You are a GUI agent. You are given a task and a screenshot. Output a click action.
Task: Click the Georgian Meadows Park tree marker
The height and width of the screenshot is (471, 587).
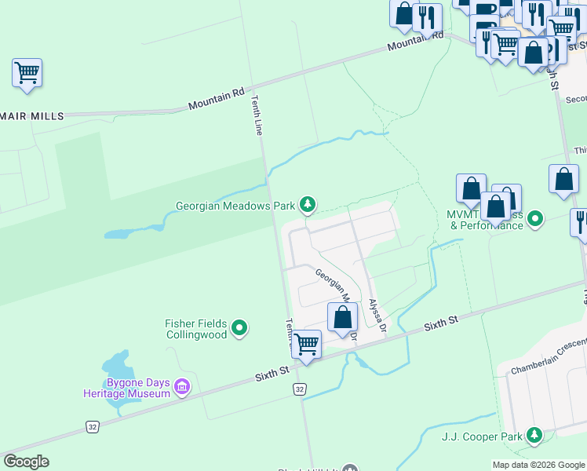coord(308,206)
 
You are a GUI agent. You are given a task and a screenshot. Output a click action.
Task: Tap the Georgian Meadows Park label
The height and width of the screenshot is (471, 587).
coord(235,206)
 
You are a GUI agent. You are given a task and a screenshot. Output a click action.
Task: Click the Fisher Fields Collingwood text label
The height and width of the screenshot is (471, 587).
coord(196,328)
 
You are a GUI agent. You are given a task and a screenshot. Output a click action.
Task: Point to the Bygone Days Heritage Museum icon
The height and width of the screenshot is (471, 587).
coord(182,386)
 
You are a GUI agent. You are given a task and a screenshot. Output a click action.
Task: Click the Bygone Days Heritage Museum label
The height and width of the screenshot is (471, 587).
coord(127,387)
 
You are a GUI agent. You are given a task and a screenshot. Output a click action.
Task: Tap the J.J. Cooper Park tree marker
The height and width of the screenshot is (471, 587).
coord(534,434)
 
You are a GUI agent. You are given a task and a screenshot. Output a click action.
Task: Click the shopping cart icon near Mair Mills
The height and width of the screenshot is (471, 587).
coord(27,74)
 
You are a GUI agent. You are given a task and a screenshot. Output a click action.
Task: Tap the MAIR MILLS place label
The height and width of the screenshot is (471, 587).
coord(32,115)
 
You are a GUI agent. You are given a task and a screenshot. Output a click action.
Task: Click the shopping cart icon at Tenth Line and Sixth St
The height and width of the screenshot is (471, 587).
coord(306,344)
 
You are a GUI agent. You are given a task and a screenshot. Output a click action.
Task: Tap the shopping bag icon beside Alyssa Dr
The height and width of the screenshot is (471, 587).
coord(342,318)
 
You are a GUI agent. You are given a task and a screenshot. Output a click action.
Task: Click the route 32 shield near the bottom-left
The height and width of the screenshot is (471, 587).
coord(93,426)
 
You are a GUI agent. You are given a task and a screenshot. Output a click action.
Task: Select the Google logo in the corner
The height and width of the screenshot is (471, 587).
coord(26,462)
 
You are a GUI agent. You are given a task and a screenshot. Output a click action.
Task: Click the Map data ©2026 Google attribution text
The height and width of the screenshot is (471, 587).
coord(538,465)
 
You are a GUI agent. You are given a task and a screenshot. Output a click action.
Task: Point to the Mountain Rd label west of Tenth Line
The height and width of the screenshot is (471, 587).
coord(216,100)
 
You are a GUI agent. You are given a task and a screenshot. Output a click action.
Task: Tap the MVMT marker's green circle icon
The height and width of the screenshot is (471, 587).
coord(535,217)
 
